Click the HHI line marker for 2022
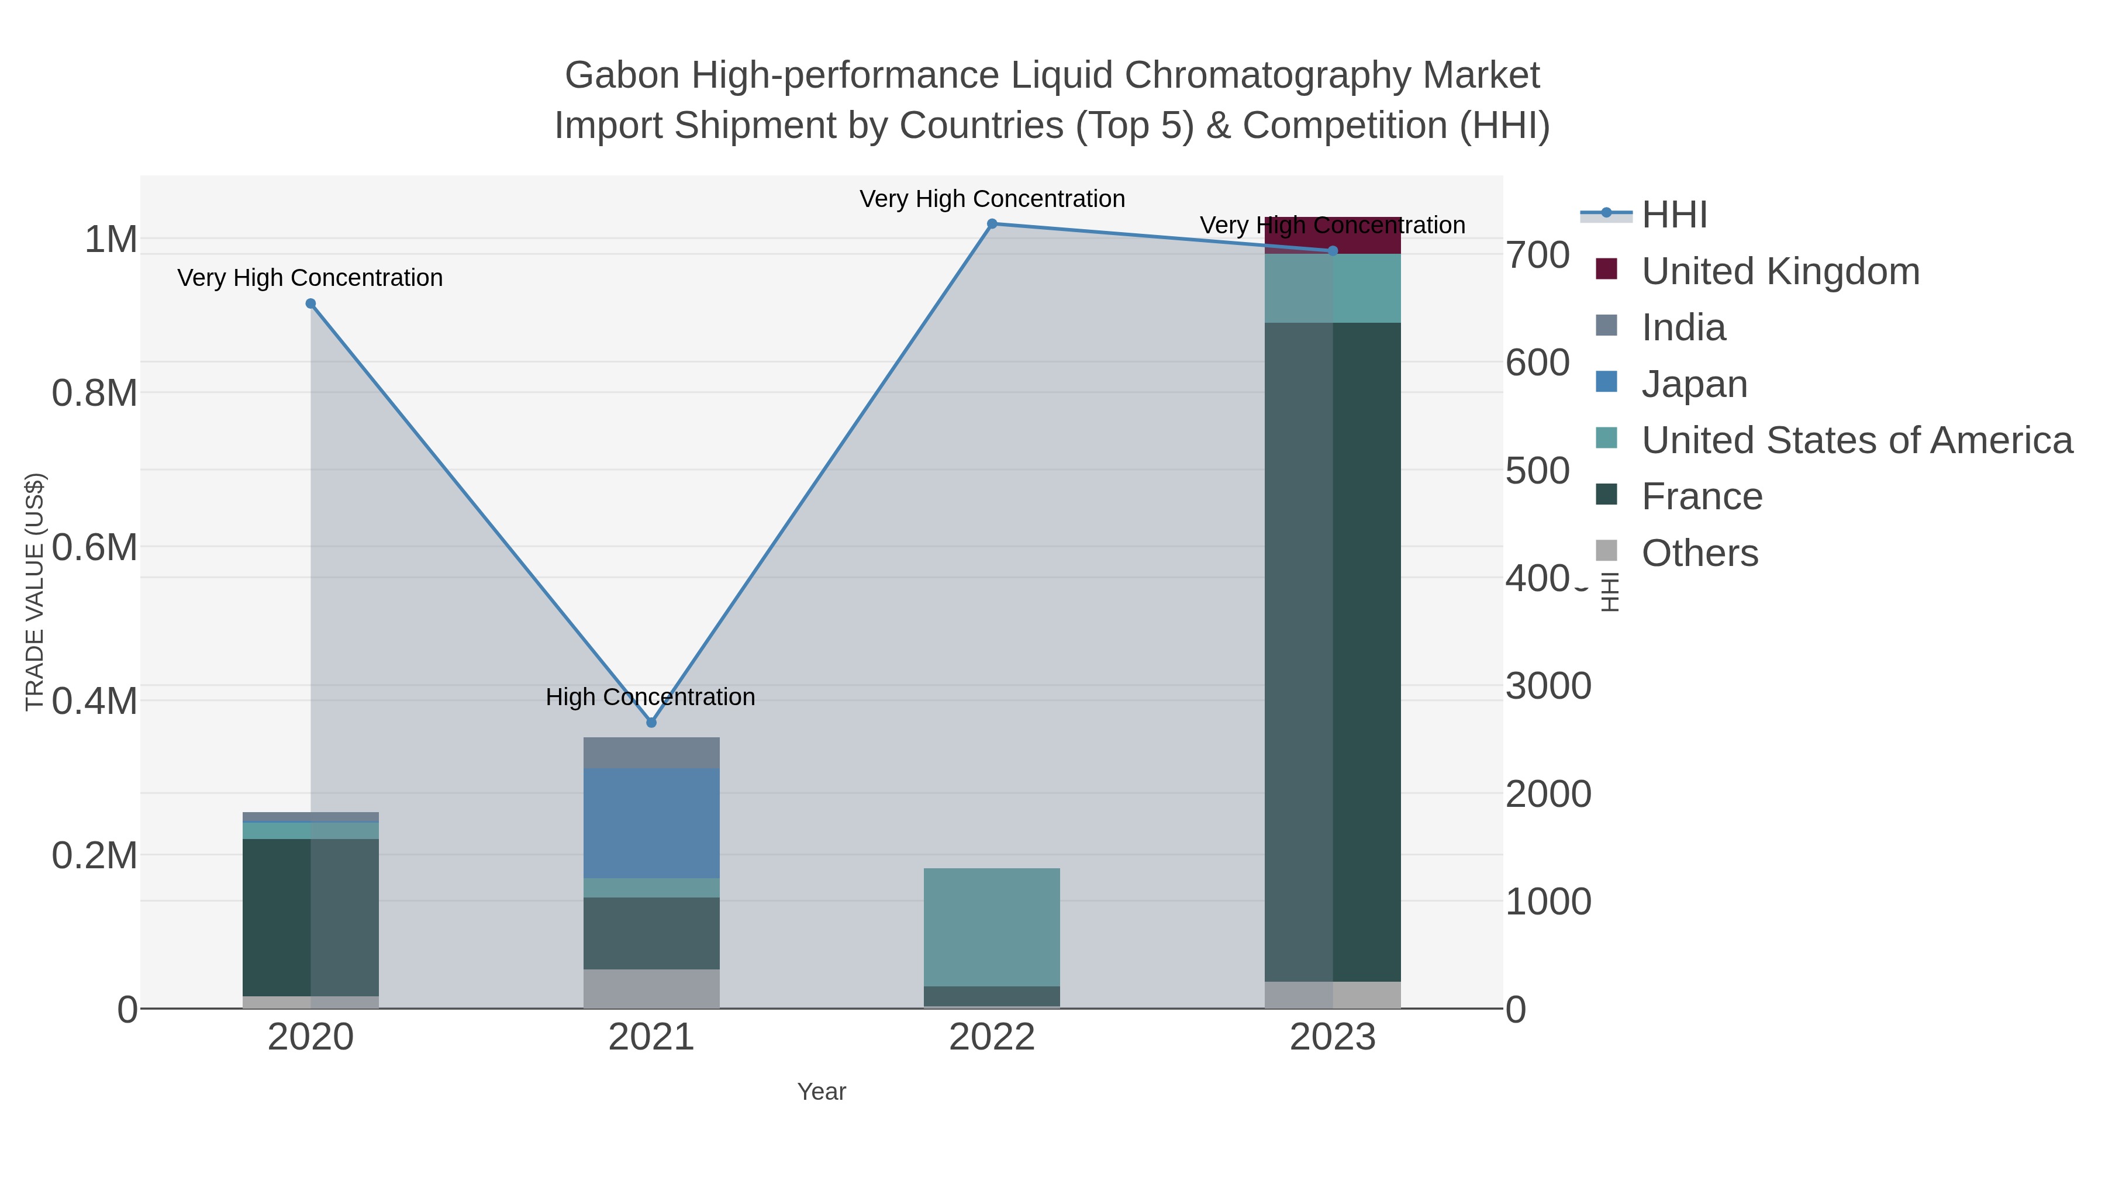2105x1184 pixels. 992,224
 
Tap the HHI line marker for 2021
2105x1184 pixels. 651,722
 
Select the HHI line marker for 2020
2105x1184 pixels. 310,304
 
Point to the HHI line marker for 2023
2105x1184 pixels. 1333,251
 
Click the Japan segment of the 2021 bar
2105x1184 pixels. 651,823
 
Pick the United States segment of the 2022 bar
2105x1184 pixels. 992,927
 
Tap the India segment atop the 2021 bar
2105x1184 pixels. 651,752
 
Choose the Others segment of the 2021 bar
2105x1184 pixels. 651,989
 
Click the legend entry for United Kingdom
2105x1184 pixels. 1780,271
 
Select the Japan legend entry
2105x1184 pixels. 1694,384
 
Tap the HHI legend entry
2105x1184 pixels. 1673,215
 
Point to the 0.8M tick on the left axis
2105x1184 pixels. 94,393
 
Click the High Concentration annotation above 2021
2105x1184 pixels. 650,697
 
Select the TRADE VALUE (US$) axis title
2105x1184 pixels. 35,592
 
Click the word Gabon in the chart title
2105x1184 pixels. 621,75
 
